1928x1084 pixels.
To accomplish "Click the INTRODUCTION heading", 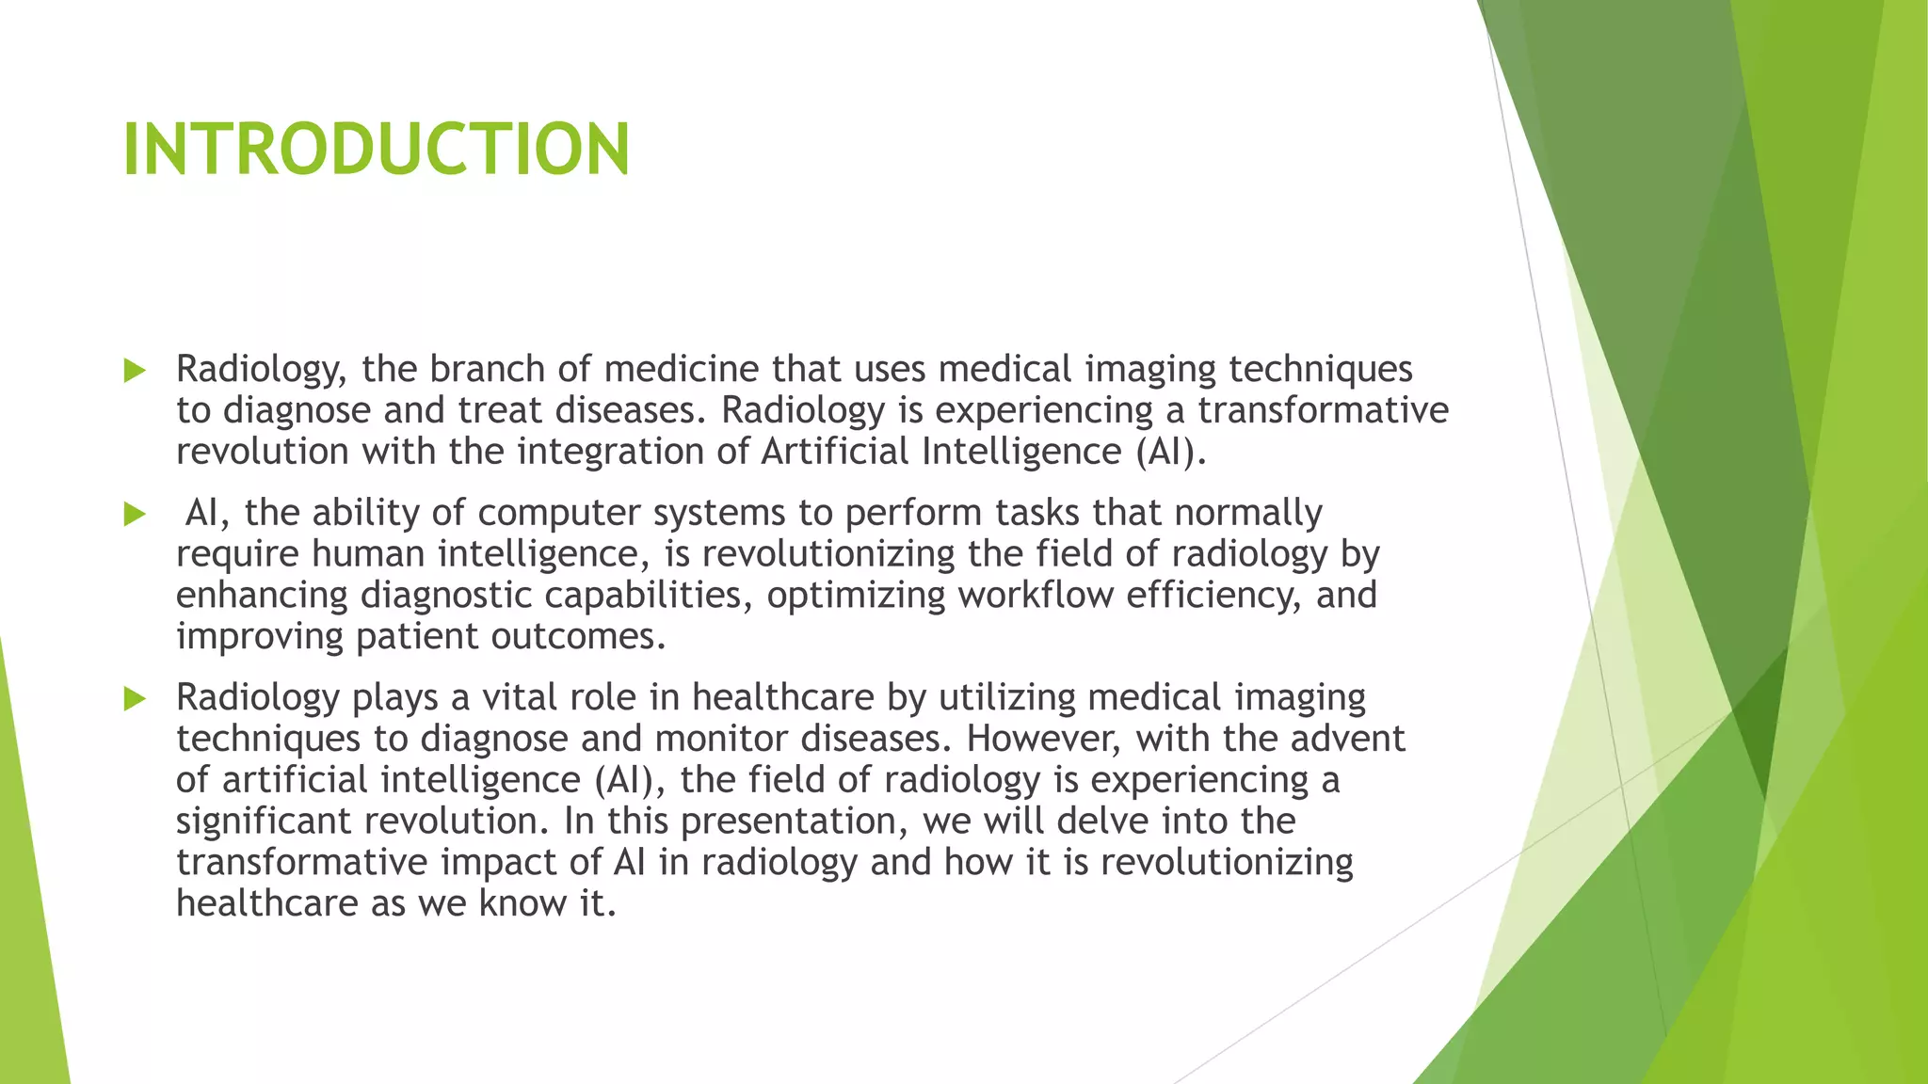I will click(x=376, y=149).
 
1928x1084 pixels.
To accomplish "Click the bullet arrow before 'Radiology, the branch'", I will click(x=135, y=371).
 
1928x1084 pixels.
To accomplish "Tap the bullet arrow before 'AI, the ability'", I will click(x=135, y=515).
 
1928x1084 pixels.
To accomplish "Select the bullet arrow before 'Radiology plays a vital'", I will click(x=135, y=699).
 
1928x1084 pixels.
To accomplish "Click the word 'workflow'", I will click(x=1036, y=596).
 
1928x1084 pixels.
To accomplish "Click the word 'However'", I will click(x=1044, y=739).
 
